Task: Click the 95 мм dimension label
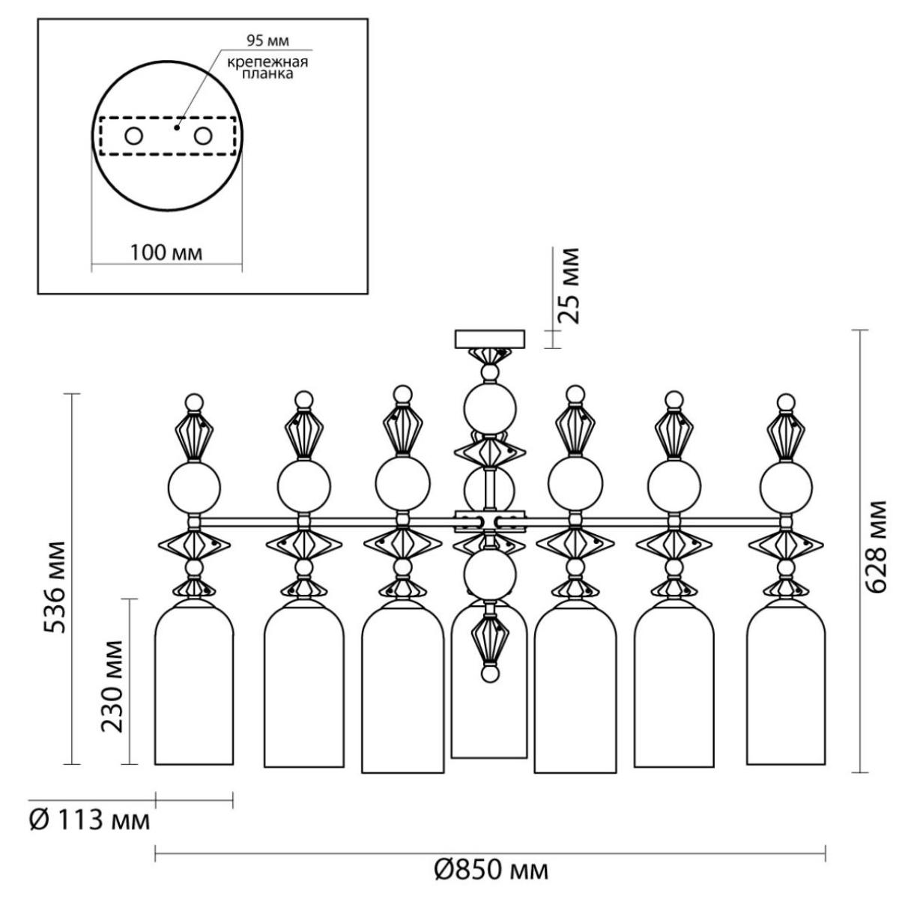coord(267,41)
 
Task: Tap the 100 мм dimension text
coord(166,253)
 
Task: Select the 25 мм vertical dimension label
coord(569,286)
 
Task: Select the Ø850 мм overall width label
coord(491,870)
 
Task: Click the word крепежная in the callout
coord(267,62)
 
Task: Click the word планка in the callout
coord(267,75)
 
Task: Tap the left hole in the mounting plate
coord(133,136)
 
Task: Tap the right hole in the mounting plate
coord(204,136)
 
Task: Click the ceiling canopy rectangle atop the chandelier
coord(490,339)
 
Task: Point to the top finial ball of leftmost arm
coord(195,402)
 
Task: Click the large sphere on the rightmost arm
coord(786,487)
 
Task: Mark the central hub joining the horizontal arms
coord(490,522)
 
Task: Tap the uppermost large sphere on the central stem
coord(490,409)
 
